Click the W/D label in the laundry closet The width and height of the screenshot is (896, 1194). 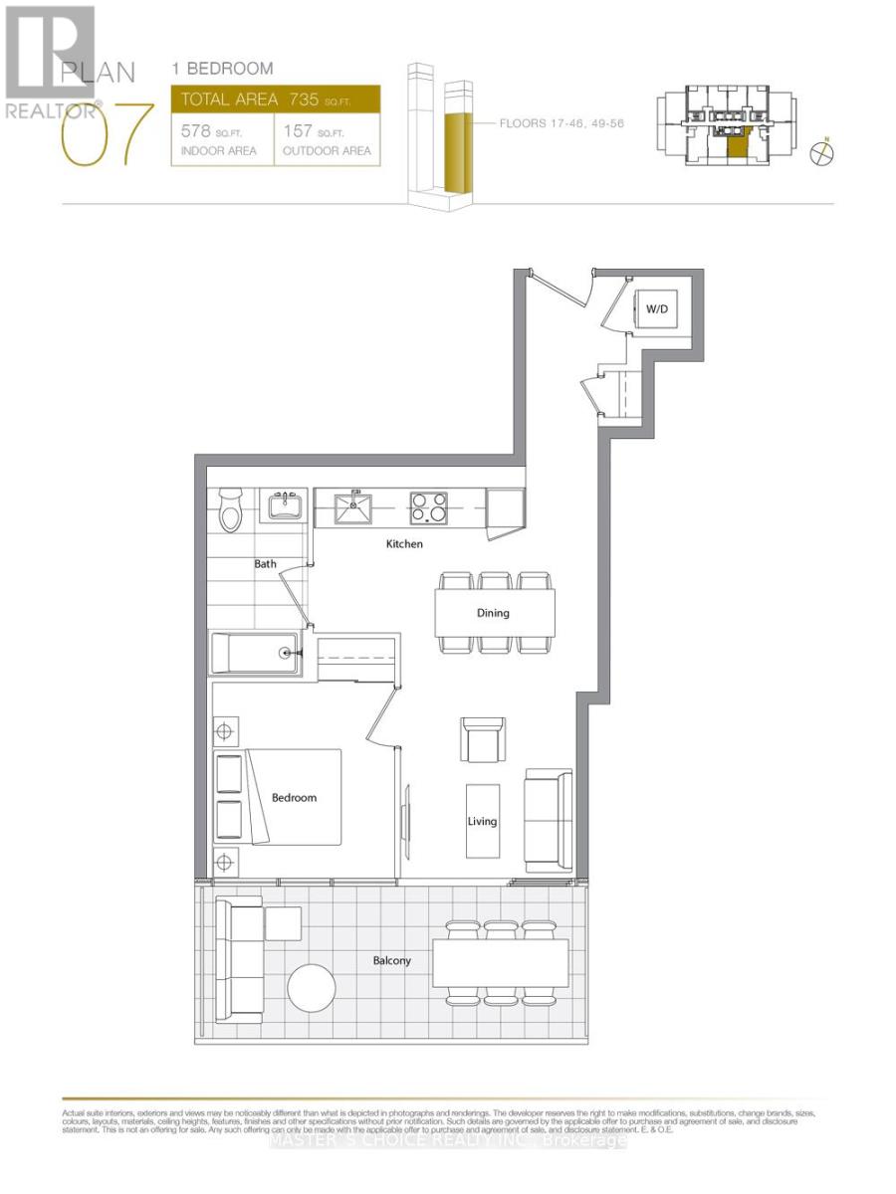coord(656,309)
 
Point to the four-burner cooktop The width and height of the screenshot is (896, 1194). coord(428,507)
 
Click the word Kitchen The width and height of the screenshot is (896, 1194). coord(405,544)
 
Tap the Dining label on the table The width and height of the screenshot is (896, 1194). coord(493,613)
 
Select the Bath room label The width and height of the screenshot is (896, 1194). coord(265,564)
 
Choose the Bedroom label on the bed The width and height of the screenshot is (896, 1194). coord(294,798)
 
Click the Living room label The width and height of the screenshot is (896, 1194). coord(483,822)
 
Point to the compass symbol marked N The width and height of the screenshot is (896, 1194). coord(822,152)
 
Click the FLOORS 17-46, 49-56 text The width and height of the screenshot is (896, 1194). coord(563,123)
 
